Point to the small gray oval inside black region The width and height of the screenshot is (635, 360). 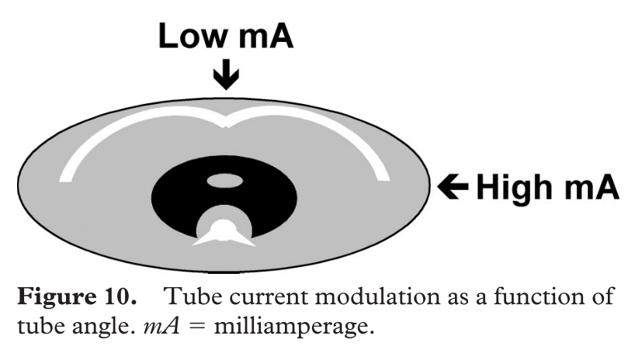point(225,182)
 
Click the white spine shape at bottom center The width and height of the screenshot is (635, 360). point(224,230)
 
